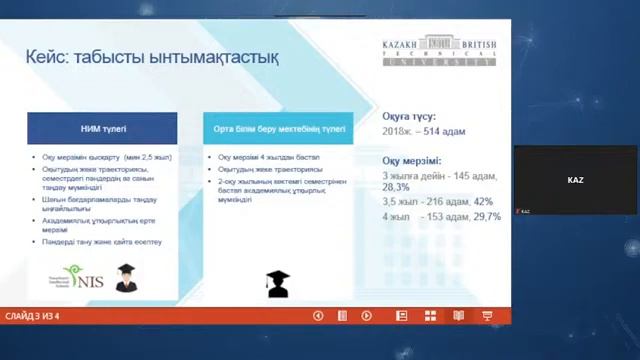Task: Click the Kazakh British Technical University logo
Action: [437, 51]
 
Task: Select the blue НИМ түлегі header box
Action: [103, 129]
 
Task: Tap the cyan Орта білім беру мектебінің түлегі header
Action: [279, 129]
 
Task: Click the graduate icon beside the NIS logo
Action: [126, 278]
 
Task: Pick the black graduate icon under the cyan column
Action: [277, 284]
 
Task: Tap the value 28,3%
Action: [397, 186]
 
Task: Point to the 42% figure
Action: [484, 201]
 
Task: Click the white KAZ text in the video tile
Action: [575, 180]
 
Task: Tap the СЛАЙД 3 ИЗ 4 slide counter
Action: [32, 316]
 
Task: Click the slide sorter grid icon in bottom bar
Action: [431, 316]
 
